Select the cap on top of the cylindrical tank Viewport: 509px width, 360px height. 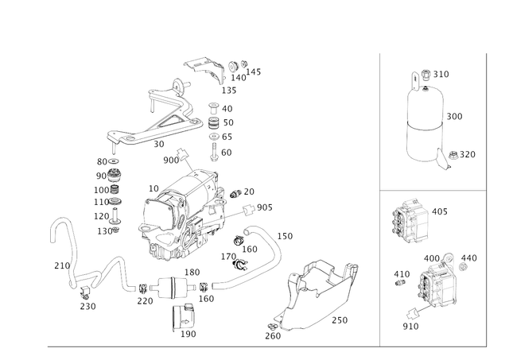418,76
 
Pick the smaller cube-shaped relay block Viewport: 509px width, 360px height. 410,217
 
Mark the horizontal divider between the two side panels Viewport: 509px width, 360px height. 433,189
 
